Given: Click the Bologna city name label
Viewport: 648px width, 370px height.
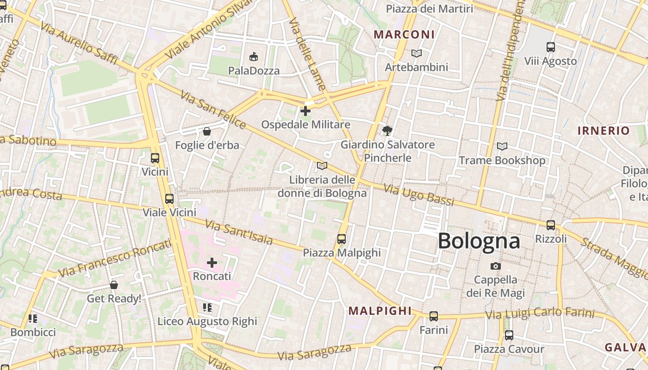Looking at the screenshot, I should (479, 241).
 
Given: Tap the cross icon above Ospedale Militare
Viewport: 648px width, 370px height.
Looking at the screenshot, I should (305, 111).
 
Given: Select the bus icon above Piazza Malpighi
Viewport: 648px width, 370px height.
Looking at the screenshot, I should (342, 239).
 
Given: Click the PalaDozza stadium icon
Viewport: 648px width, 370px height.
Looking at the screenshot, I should (253, 57).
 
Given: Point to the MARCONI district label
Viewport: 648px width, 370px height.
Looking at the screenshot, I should (404, 35).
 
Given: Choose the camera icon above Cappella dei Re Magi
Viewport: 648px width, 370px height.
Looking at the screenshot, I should (496, 266).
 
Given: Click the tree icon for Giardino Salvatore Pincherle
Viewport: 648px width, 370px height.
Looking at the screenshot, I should (387, 131).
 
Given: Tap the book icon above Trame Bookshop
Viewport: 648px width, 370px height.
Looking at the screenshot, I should (502, 147).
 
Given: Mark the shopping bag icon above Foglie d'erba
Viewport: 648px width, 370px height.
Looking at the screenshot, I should (207, 132).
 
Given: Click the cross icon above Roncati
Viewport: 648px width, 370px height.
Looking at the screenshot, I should (212, 263).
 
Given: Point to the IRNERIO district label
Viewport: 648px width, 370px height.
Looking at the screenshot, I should (604, 131).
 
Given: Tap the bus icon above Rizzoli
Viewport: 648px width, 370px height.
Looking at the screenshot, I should (551, 225).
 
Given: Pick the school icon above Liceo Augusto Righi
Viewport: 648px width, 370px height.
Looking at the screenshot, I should (207, 308).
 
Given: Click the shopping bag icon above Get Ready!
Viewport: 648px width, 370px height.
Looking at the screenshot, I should (114, 285).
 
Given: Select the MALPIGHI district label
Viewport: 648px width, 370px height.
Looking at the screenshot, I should (380, 311).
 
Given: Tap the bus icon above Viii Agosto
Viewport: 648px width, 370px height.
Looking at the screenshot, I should (551, 47).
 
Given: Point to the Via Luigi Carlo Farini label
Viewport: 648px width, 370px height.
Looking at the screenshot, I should (539, 314).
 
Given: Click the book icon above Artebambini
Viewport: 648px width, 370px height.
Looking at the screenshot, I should (417, 54).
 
